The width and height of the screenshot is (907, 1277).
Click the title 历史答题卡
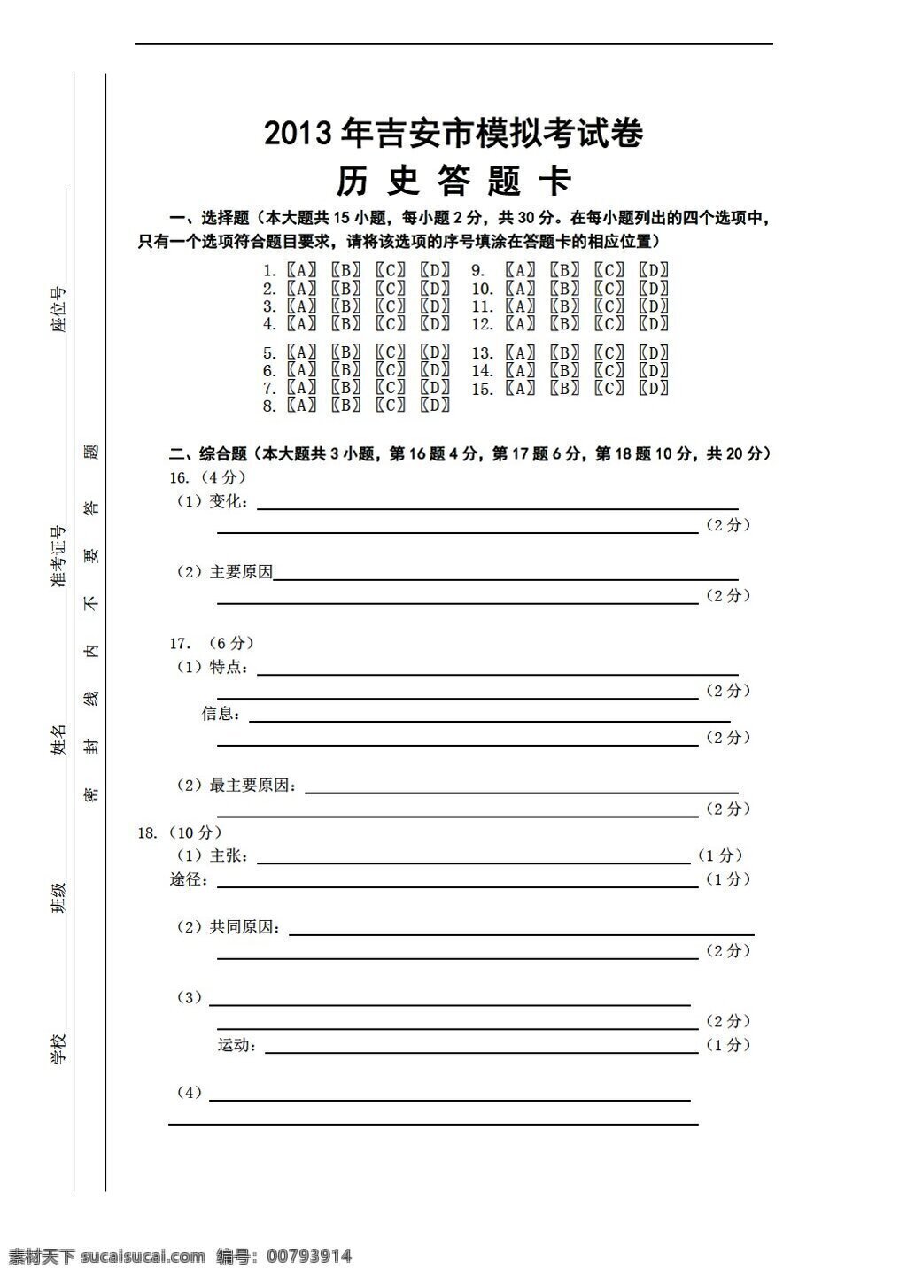[453, 181]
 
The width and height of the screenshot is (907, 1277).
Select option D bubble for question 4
[435, 324]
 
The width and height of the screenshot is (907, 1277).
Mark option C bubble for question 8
[391, 406]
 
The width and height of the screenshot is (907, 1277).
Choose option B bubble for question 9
[564, 270]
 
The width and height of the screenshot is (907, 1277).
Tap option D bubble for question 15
[654, 388]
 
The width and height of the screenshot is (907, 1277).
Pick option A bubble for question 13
[520, 352]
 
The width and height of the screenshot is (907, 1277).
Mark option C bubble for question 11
[609, 306]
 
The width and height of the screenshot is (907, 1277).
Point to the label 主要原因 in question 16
[241, 572]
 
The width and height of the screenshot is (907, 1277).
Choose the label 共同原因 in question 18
[241, 927]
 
